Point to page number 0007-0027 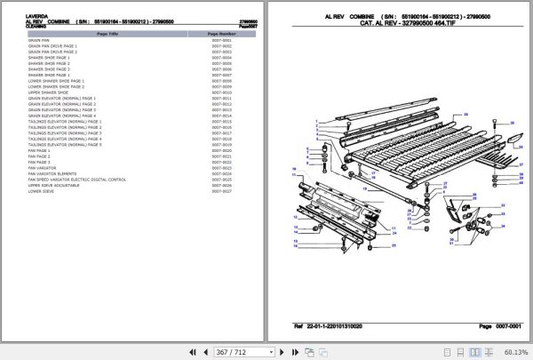tap(196, 191)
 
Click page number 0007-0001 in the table tap(196, 40)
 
